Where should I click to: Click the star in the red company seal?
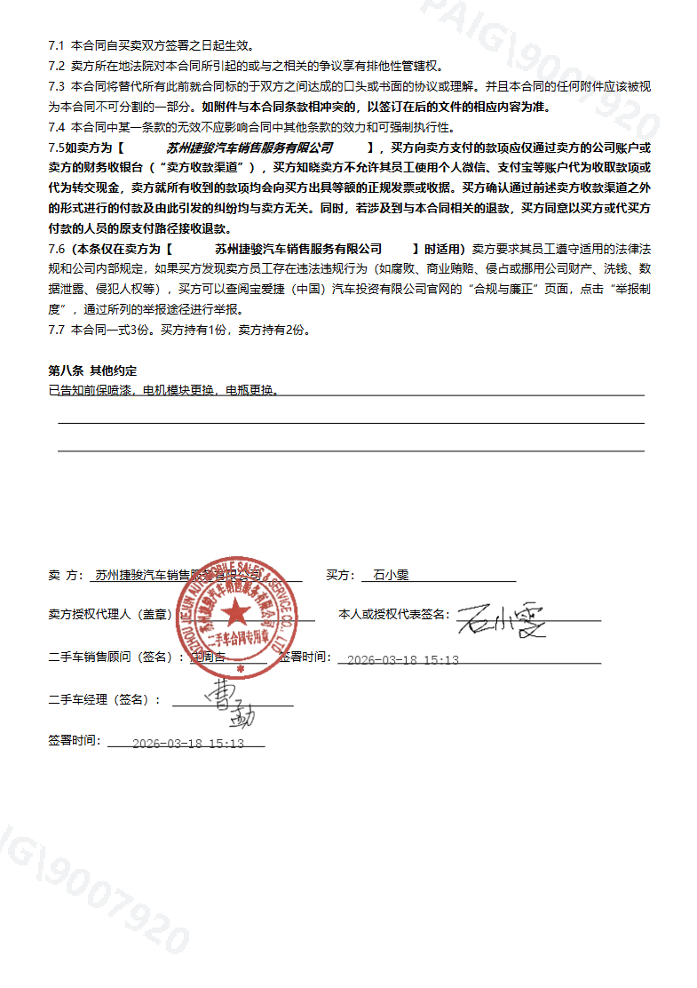tap(236, 613)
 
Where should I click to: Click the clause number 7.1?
tap(57, 44)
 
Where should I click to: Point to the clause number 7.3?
tap(57, 86)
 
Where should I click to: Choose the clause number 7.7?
tap(57, 330)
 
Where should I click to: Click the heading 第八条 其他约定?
tap(92, 370)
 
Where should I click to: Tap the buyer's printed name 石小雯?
tap(391, 576)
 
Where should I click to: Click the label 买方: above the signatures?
tap(340, 576)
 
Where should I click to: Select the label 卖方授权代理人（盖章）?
tap(108, 615)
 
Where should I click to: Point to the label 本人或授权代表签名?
tap(394, 615)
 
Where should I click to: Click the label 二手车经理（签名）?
tap(105, 700)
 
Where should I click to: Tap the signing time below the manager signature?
tap(186, 744)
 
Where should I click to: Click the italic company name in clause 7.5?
tap(249, 147)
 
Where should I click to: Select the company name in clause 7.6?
tap(298, 249)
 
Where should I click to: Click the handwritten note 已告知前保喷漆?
tap(92, 390)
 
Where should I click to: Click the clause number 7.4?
tap(57, 127)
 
